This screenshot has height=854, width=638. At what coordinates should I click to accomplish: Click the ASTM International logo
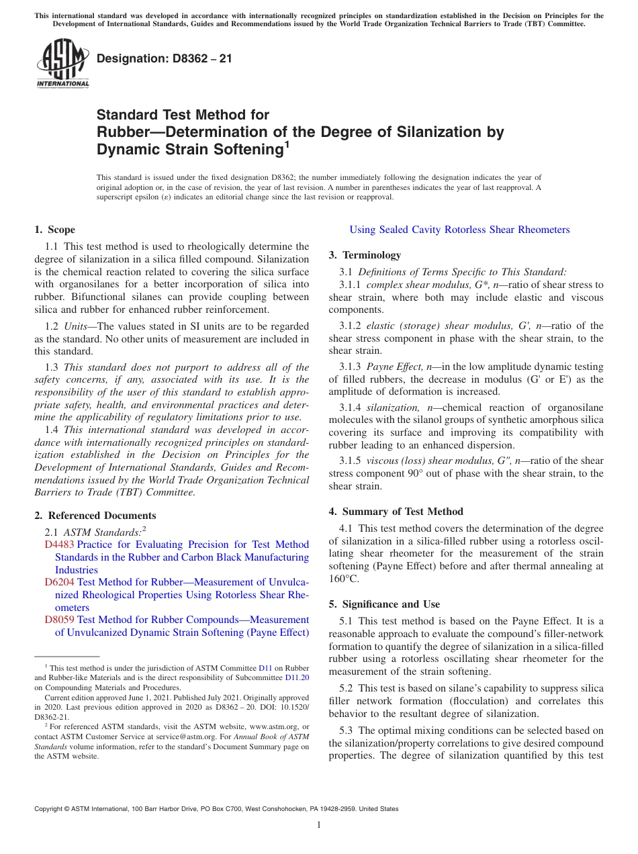62,64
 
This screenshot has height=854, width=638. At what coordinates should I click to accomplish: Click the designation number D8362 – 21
165,58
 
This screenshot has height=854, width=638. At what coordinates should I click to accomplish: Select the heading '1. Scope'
55,230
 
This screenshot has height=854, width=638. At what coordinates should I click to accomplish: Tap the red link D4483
59,544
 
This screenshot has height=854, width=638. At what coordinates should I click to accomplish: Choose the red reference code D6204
59,582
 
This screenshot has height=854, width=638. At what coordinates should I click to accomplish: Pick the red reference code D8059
59,620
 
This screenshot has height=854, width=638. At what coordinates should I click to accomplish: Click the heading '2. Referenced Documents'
95,516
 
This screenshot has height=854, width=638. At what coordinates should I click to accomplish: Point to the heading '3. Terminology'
365,255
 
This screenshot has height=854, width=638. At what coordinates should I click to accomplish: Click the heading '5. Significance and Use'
384,604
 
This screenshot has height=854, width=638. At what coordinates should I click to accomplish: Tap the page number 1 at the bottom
319,825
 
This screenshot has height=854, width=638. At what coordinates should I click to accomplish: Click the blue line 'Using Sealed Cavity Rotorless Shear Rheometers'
459,230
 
